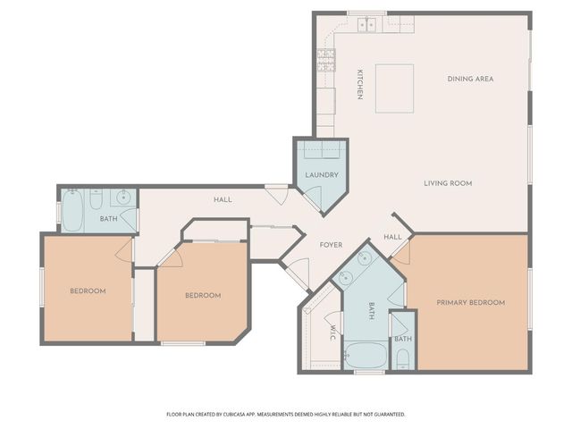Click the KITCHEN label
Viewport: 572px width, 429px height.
[360, 84]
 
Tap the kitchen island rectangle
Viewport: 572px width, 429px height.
[394, 88]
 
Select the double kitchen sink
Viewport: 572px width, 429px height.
[367, 25]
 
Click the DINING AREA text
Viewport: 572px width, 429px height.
[470, 79]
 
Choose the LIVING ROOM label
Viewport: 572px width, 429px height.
[447, 183]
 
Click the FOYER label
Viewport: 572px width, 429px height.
[332, 244]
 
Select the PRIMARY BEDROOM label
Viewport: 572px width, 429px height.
[470, 302]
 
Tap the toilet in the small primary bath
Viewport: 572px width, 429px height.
[402, 359]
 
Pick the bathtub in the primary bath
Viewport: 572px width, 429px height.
[365, 355]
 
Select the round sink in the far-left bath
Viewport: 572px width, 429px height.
[123, 198]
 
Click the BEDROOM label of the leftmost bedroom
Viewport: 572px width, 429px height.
[88, 290]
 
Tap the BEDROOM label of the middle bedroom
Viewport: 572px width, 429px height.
[202, 295]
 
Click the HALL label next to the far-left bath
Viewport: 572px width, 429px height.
[223, 199]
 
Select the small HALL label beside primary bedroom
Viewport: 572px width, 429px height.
[392, 237]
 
